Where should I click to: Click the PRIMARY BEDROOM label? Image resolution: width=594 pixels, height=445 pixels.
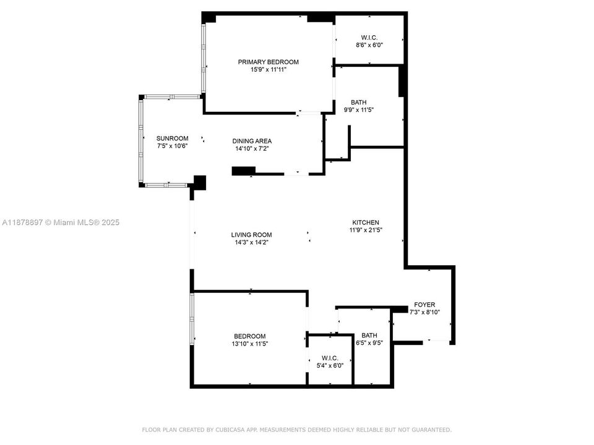pyautogui.click(x=269, y=62)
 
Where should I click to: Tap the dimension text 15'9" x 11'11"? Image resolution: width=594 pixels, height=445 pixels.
pyautogui.click(x=269, y=70)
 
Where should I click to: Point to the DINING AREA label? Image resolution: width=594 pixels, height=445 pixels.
pyautogui.click(x=252, y=141)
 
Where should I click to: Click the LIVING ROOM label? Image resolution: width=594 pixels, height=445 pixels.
pyautogui.click(x=251, y=235)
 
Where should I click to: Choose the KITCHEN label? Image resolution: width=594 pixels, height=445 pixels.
pyautogui.click(x=366, y=222)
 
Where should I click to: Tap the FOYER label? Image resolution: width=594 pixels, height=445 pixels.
pyautogui.click(x=424, y=305)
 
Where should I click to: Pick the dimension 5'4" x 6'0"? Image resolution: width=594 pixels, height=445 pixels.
pyautogui.click(x=329, y=365)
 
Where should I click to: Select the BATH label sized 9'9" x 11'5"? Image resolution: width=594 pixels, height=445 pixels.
pyautogui.click(x=358, y=102)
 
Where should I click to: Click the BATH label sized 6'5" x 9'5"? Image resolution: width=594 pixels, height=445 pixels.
pyautogui.click(x=369, y=336)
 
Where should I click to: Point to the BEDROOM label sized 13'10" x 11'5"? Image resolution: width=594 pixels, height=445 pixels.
pyautogui.click(x=250, y=336)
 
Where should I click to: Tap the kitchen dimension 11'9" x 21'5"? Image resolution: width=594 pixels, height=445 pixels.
pyautogui.click(x=366, y=231)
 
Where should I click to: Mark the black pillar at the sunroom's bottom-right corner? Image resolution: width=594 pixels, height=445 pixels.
pyautogui.click(x=199, y=182)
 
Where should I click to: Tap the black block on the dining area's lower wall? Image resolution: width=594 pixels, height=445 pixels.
pyautogui.click(x=244, y=171)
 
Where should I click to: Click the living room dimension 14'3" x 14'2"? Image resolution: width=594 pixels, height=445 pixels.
pyautogui.click(x=251, y=243)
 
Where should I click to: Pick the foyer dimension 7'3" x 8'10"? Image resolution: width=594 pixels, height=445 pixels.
pyautogui.click(x=424, y=313)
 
